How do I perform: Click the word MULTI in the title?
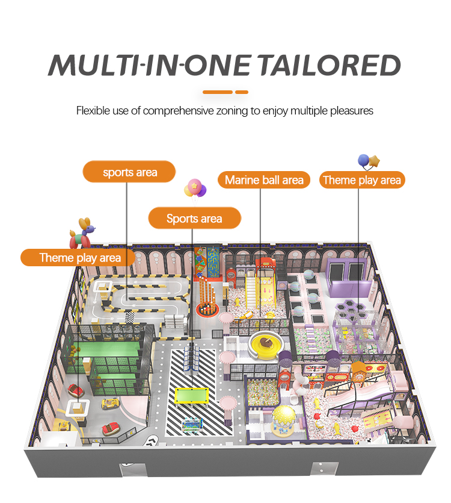click(92, 65)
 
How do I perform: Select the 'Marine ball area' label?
click(264, 180)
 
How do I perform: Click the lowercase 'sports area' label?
click(130, 172)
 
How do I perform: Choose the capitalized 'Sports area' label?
click(194, 219)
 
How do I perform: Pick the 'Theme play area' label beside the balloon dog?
click(80, 258)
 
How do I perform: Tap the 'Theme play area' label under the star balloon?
click(361, 180)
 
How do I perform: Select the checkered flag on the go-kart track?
click(130, 316)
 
